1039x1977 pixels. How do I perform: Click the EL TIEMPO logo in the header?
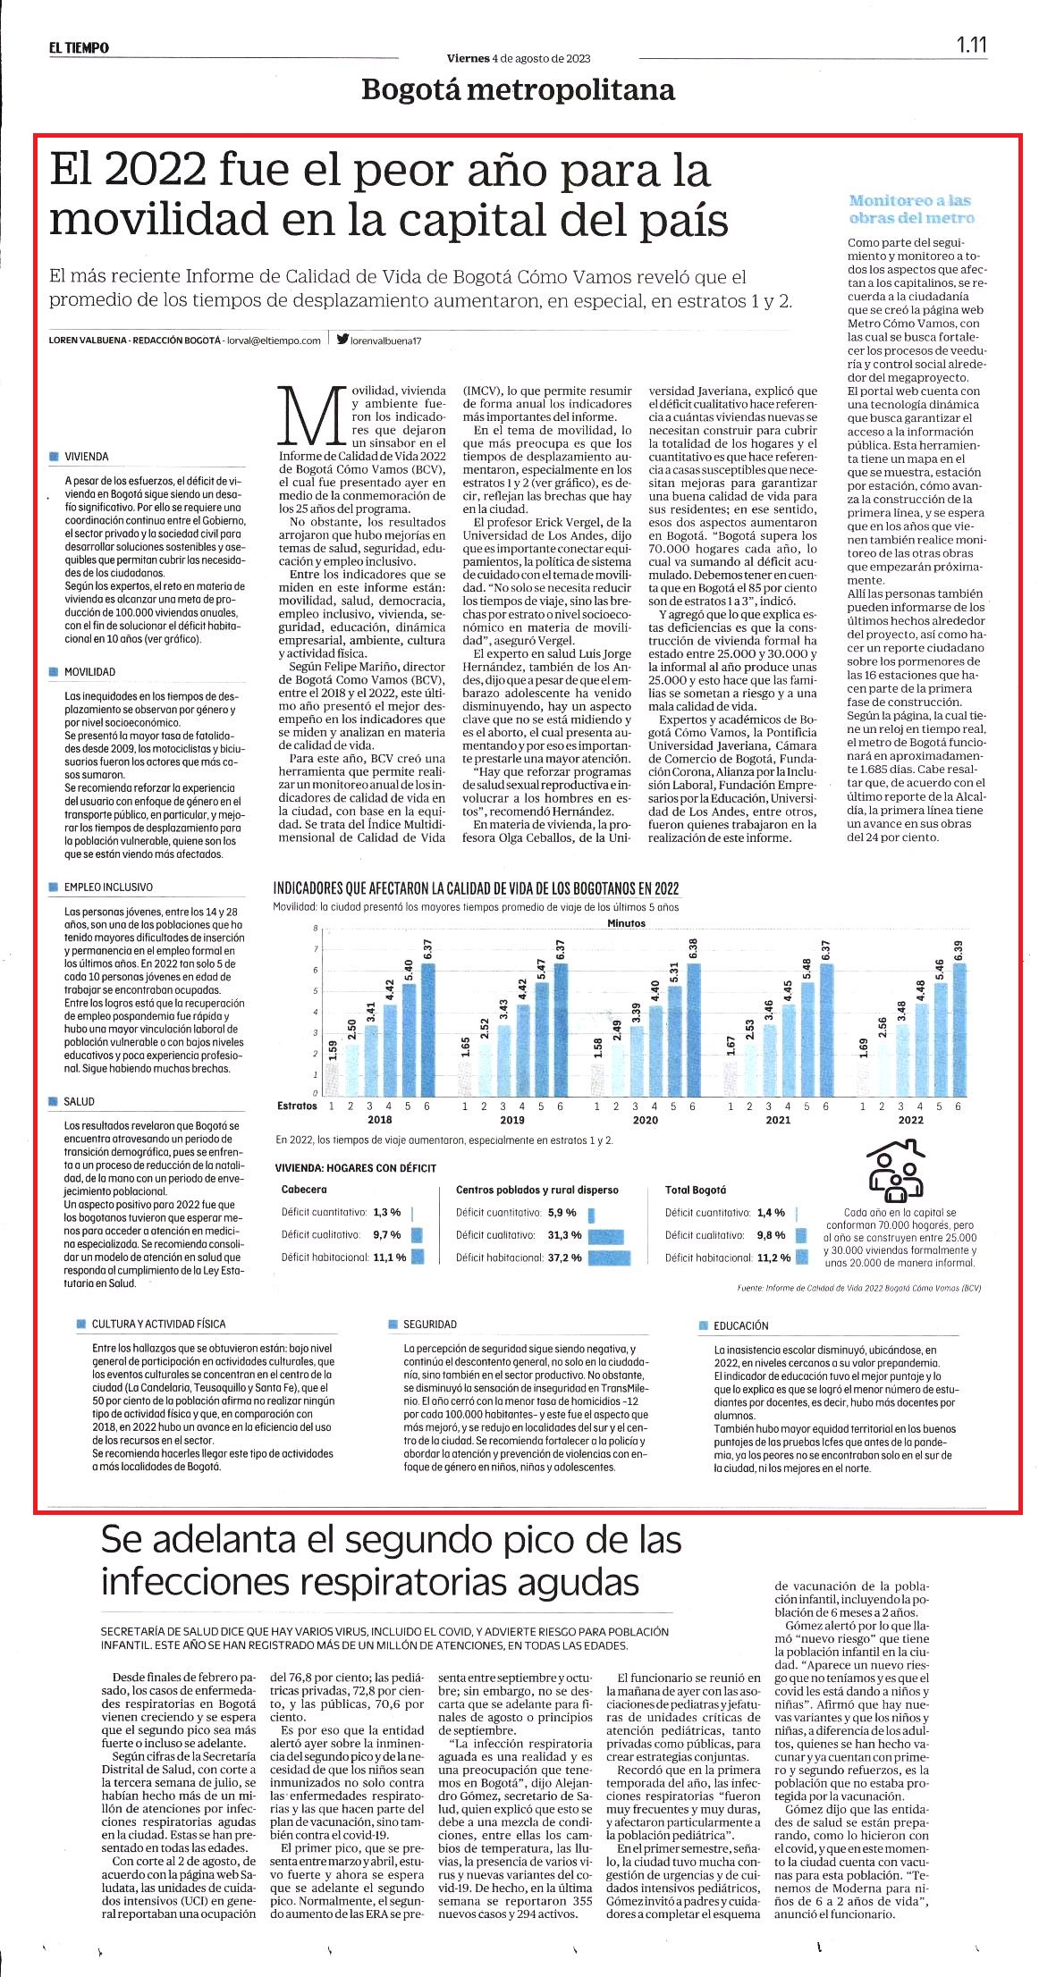click(80, 47)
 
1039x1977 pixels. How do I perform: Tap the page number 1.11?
click(971, 45)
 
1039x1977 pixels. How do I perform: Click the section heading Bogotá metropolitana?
click(519, 90)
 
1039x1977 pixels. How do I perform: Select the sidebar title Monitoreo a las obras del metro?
click(911, 209)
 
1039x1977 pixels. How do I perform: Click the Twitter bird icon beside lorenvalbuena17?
click(342, 340)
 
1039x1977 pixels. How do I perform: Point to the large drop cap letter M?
click(313, 416)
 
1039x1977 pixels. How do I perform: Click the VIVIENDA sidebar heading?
click(86, 457)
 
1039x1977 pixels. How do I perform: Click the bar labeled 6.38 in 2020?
click(693, 1029)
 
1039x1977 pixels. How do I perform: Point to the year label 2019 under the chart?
click(512, 1119)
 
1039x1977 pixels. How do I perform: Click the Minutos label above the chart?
click(626, 923)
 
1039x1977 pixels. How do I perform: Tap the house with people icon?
click(895, 1170)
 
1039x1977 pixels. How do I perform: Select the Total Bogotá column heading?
click(696, 1190)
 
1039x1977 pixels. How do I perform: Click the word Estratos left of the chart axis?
click(297, 1106)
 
